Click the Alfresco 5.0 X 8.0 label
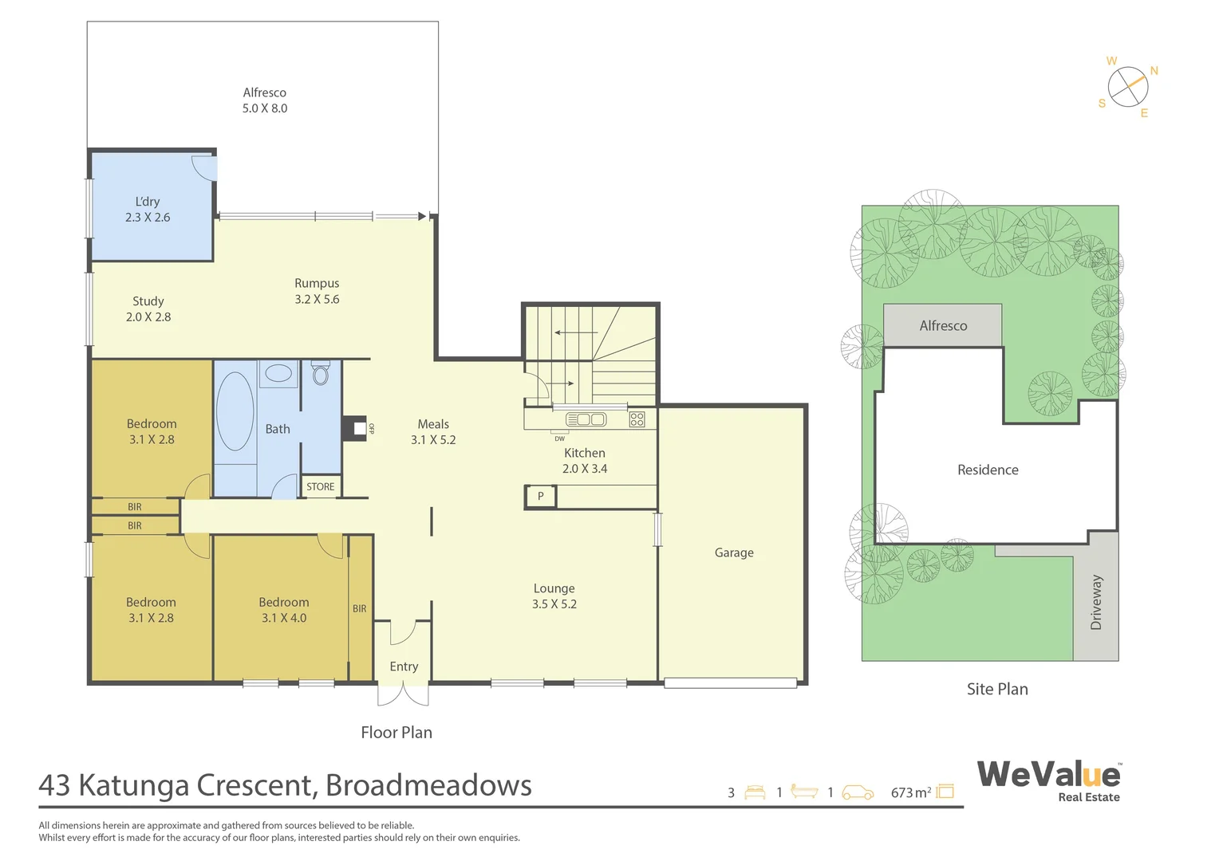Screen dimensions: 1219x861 click(265, 100)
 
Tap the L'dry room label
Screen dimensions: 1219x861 click(148, 209)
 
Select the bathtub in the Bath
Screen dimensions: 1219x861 click(235, 411)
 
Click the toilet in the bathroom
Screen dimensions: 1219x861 click(321, 373)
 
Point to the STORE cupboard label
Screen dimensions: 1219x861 click(321, 486)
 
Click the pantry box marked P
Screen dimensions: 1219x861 click(540, 496)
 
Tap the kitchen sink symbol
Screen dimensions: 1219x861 click(586, 419)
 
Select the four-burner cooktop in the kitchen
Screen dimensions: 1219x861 click(637, 419)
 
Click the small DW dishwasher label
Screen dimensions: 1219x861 click(559, 438)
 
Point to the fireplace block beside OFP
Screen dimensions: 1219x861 click(353, 428)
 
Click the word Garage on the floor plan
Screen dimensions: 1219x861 click(734, 552)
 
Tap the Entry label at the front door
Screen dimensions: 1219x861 click(404, 666)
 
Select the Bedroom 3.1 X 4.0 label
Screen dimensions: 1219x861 click(284, 610)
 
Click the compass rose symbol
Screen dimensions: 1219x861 click(1128, 87)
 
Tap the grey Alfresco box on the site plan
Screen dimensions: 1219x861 click(943, 325)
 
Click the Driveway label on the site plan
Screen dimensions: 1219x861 click(1096, 602)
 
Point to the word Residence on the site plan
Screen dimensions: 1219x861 click(988, 470)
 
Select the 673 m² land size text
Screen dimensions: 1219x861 click(911, 792)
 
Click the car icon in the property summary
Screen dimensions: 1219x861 click(858, 792)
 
